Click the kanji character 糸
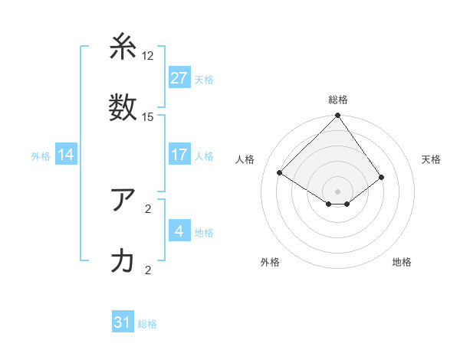[123, 47]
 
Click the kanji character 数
[123, 106]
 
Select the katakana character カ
[123, 261]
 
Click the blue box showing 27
[179, 78]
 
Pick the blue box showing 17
[179, 155]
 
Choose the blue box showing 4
[179, 232]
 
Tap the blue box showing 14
[66, 155]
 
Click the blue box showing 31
[123, 323]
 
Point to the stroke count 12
[148, 56]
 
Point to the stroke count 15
[148, 116]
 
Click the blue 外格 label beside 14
[41, 156]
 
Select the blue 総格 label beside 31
[147, 324]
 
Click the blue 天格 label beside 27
[204, 79]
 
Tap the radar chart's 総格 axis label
[338, 100]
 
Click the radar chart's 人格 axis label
[245, 159]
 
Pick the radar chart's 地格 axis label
[402, 262]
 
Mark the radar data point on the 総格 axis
[338, 116]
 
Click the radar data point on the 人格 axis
[280, 172]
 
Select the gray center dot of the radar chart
[338, 191]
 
